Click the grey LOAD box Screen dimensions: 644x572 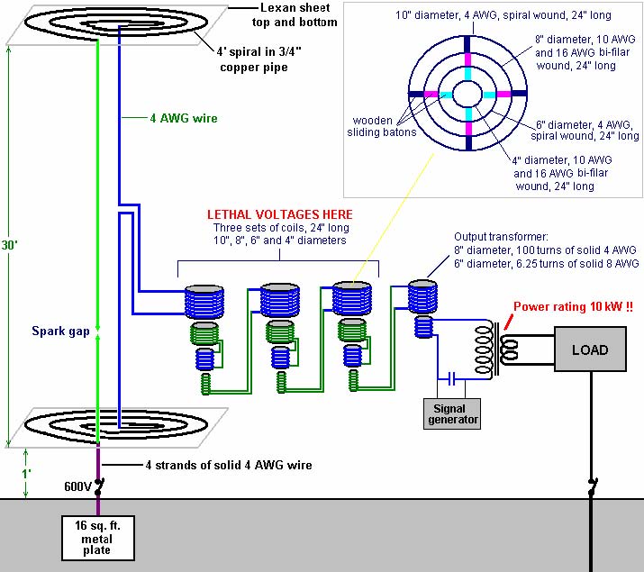(x=590, y=349)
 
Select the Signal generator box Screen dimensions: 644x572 (x=452, y=413)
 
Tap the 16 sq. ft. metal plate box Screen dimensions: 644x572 (x=98, y=538)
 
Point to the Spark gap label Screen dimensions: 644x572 (x=60, y=331)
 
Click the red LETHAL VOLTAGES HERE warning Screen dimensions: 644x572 (x=280, y=214)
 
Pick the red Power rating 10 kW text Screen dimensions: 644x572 (x=574, y=307)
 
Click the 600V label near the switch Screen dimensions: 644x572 (x=77, y=486)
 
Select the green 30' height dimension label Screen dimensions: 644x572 (x=9, y=245)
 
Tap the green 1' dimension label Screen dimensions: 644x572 (x=26, y=474)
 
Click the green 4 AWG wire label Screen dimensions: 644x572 (x=184, y=118)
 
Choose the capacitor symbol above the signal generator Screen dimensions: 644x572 (x=451, y=378)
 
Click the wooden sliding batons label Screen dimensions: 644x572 (x=382, y=126)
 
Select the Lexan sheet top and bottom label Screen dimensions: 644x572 (x=295, y=14)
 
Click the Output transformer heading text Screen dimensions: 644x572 (x=501, y=237)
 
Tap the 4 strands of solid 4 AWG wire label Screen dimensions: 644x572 (x=229, y=465)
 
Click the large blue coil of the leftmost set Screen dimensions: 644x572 (x=204, y=302)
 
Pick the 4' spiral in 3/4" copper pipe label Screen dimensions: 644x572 (x=259, y=59)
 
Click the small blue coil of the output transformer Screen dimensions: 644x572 (x=423, y=327)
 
